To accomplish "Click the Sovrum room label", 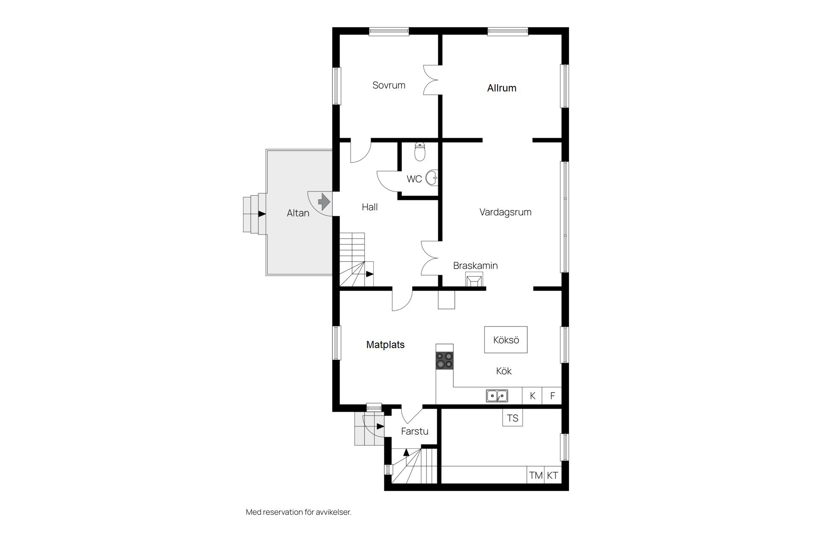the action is pyautogui.click(x=389, y=85).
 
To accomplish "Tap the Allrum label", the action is pyautogui.click(x=502, y=88).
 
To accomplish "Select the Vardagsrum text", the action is pyautogui.click(x=505, y=212).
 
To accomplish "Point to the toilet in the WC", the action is pyautogui.click(x=420, y=152).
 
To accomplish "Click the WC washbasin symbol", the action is pyautogui.click(x=431, y=178).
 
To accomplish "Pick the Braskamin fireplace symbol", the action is pyautogui.click(x=474, y=279).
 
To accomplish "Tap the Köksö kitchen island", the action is pyautogui.click(x=506, y=340).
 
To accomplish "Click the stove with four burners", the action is pyautogui.click(x=445, y=360).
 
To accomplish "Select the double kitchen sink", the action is pyautogui.click(x=497, y=396).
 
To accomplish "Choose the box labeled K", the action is pyautogui.click(x=532, y=396).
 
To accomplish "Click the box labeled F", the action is pyautogui.click(x=552, y=396).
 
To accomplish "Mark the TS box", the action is pyautogui.click(x=512, y=418).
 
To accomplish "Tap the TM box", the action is pyautogui.click(x=536, y=475).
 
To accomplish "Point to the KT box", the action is pyautogui.click(x=553, y=475).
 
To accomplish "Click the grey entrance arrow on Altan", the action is pyautogui.click(x=324, y=202).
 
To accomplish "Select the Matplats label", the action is pyautogui.click(x=385, y=345).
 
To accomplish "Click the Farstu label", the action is pyautogui.click(x=415, y=431).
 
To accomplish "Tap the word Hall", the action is pyautogui.click(x=370, y=207).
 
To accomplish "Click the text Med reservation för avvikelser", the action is pyautogui.click(x=299, y=512).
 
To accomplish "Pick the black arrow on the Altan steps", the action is pyautogui.click(x=262, y=214).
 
